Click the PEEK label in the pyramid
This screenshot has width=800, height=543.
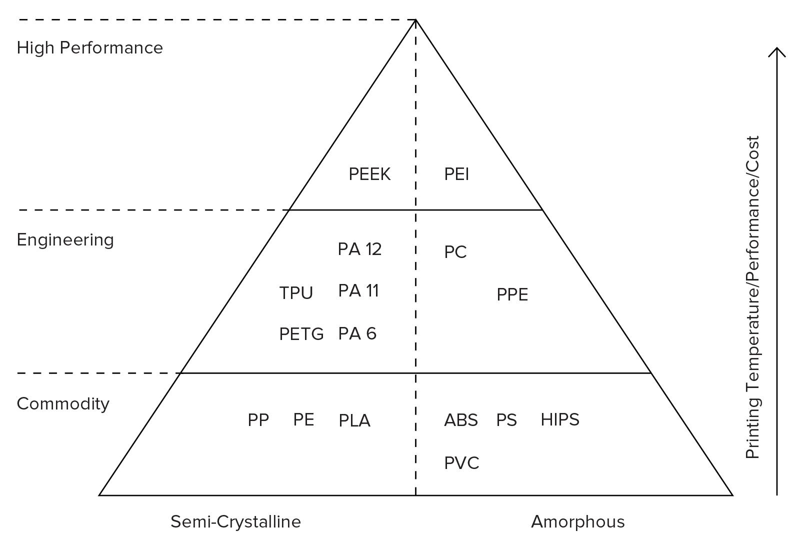(x=369, y=174)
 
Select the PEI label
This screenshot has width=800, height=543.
(x=456, y=174)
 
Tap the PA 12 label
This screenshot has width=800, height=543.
(x=359, y=249)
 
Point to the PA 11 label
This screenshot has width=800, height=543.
(x=358, y=290)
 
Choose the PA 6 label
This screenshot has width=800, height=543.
(x=357, y=333)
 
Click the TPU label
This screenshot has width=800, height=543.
(x=296, y=293)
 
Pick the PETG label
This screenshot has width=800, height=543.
(x=301, y=334)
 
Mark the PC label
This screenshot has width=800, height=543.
(x=455, y=252)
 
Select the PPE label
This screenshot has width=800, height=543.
(x=512, y=295)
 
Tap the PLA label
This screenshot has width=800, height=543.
(x=354, y=421)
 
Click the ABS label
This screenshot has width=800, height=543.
(x=460, y=420)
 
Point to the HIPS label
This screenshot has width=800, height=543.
(x=559, y=419)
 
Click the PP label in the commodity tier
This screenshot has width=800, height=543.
(x=258, y=420)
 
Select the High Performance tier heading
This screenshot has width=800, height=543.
(x=90, y=48)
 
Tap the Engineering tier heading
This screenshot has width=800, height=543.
(x=65, y=240)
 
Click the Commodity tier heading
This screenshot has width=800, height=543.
(x=63, y=404)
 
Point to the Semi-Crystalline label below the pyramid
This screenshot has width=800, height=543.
(x=235, y=522)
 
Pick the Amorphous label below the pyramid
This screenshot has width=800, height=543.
(x=577, y=522)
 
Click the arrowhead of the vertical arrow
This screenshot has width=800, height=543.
(x=776, y=51)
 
